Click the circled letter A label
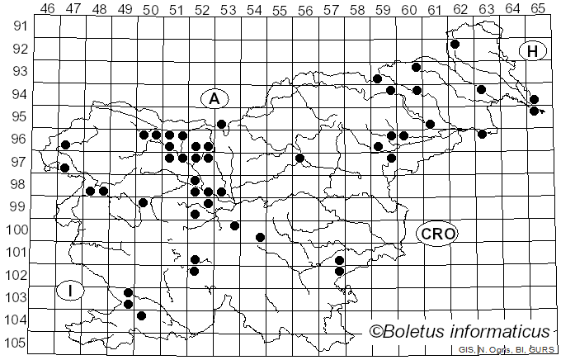click(214, 98)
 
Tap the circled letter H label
click(533, 51)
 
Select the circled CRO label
click(437, 234)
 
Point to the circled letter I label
click(72, 290)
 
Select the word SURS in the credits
click(542, 350)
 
